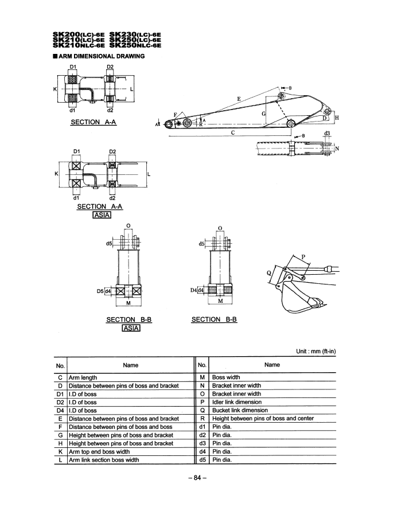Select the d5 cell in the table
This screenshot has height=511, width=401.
click(x=201, y=461)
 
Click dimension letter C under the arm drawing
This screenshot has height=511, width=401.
click(x=232, y=132)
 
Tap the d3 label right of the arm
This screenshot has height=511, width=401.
click(x=328, y=134)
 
